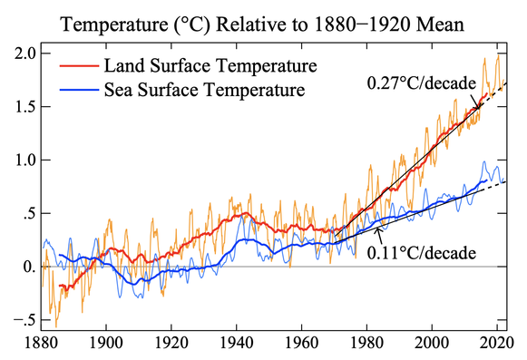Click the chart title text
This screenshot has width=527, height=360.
coord(262,24)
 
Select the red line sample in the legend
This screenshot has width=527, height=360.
coord(79,65)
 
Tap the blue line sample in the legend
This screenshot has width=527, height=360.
coord(79,90)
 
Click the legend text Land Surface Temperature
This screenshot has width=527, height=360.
coord(210,65)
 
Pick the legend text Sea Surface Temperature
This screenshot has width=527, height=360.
coord(204,90)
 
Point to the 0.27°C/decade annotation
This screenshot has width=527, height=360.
coord(422,83)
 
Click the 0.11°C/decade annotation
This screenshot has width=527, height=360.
coord(422,252)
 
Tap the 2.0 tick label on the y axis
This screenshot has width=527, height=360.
coord(25,54)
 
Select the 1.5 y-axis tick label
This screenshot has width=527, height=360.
coord(25,107)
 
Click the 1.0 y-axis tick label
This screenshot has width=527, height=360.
coord(25,160)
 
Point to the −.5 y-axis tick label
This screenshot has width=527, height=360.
coord(24,320)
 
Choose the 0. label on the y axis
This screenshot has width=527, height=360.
coord(30,267)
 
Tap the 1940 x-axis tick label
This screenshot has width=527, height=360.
coord(237,343)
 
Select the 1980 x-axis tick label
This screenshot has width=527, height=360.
coord(367,343)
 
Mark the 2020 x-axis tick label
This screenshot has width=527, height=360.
coord(497,343)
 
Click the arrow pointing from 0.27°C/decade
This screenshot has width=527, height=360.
coord(474,101)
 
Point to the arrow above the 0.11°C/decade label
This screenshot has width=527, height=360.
coord(379,236)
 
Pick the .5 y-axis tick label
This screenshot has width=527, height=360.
coord(30,213)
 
